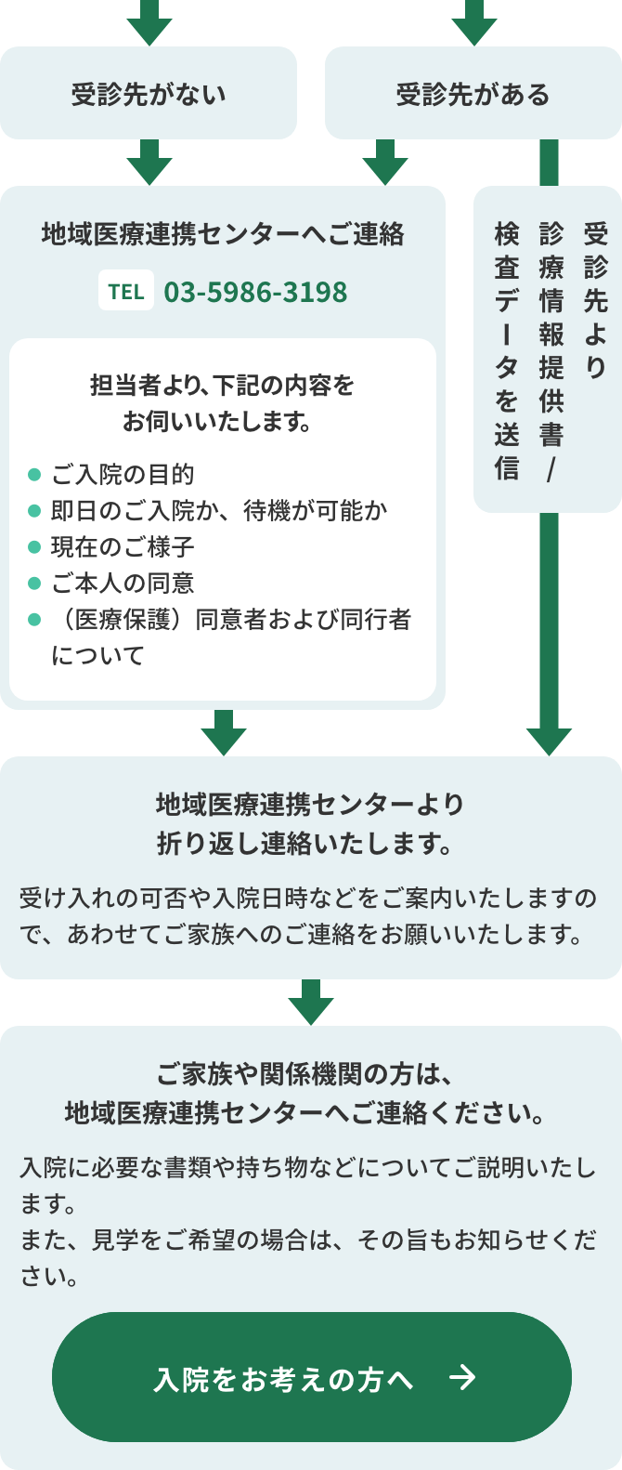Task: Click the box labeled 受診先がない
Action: (x=149, y=94)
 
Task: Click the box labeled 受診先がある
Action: (x=473, y=94)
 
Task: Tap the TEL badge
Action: (x=126, y=291)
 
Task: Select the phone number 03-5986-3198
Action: (x=255, y=292)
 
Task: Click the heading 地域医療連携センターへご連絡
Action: (x=223, y=233)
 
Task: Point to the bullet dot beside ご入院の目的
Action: (x=34, y=475)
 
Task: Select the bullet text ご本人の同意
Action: (x=123, y=583)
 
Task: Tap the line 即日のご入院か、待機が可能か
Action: (x=219, y=510)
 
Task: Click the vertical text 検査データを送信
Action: (x=506, y=350)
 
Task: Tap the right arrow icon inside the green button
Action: (x=461, y=1377)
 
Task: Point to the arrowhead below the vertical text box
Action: (x=549, y=740)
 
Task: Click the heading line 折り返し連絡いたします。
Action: (x=305, y=844)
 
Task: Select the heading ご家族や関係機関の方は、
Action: (x=305, y=1074)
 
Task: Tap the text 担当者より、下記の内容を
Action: (x=223, y=385)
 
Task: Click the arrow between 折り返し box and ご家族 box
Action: (x=311, y=1004)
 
